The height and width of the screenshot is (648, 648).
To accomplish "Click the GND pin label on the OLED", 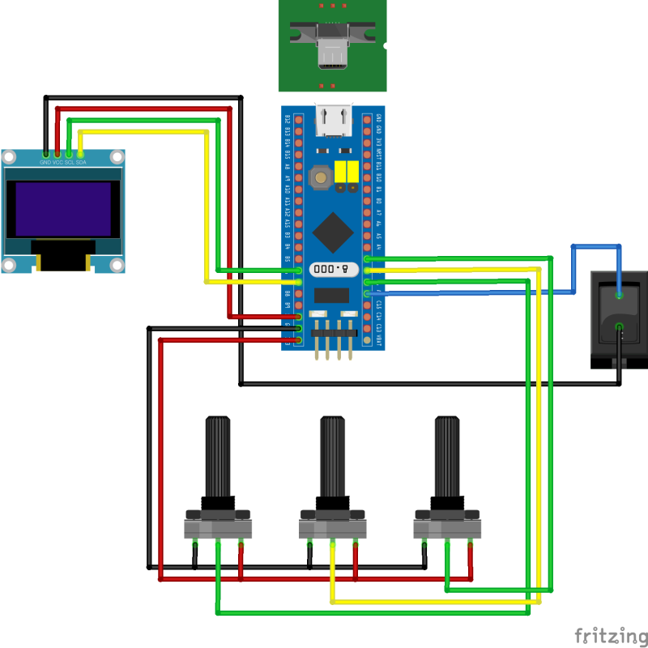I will point(45,162).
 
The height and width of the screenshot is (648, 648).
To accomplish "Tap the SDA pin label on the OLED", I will point(81,162).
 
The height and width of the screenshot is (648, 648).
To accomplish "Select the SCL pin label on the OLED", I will point(69,162).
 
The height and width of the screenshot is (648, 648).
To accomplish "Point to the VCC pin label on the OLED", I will point(58,162).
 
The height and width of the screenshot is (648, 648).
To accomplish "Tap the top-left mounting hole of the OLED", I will point(10,157).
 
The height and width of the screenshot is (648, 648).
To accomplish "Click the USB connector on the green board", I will point(332,49).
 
